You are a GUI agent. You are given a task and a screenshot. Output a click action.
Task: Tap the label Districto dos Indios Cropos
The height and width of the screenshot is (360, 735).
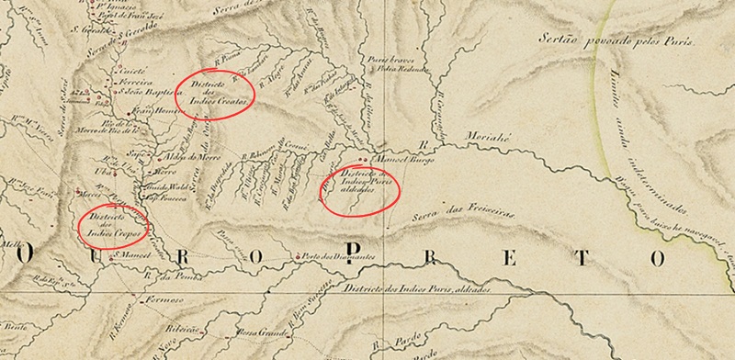(x=112, y=223)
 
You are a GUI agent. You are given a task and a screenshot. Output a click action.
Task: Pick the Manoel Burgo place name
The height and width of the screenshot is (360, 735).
(x=404, y=159)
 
